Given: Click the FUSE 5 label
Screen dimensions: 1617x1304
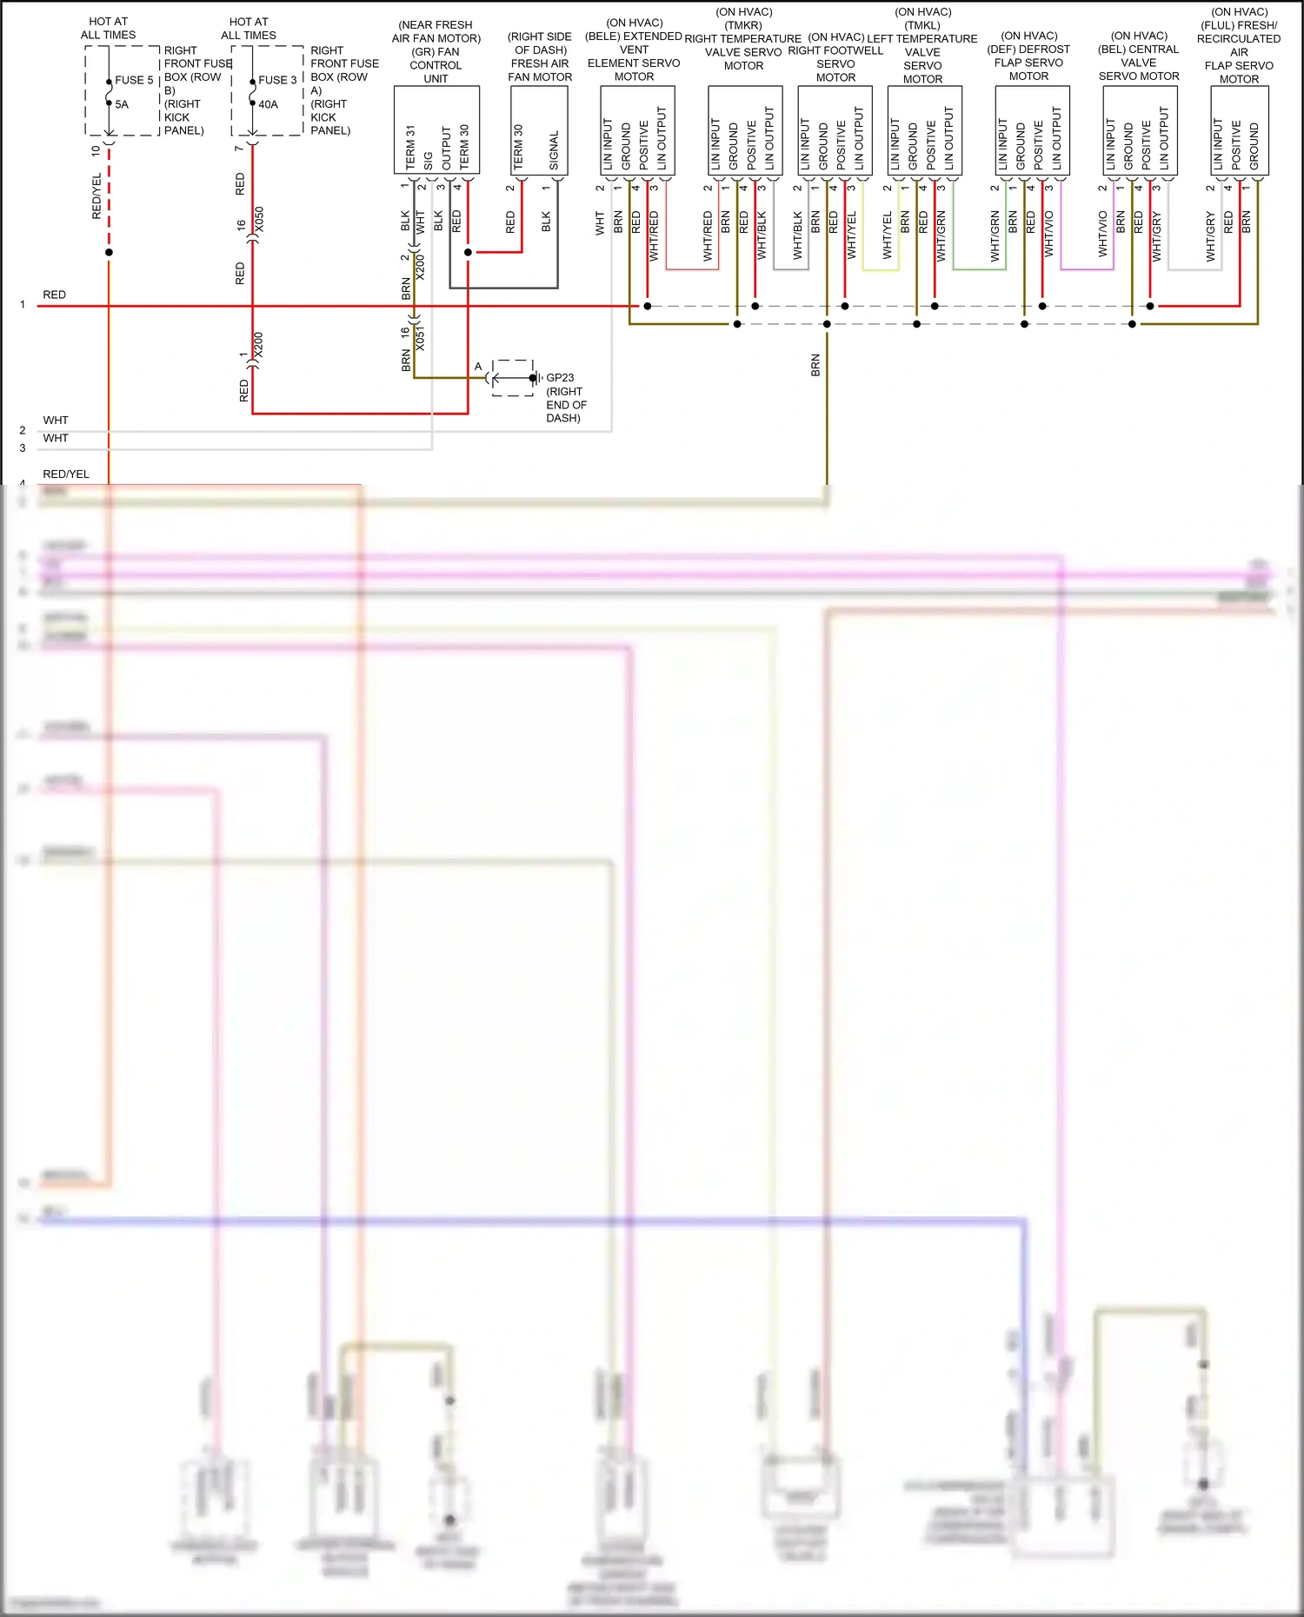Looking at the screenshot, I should [134, 80].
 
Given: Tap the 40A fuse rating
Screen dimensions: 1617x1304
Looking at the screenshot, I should [268, 104].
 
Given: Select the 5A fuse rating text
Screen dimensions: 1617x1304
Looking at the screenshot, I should [122, 104].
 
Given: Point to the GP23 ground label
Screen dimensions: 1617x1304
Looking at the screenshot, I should [560, 378].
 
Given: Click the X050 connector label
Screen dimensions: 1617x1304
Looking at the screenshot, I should [259, 219].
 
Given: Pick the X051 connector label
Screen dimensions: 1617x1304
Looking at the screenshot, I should [421, 337].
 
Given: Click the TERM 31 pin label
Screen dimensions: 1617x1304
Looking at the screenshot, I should [410, 147].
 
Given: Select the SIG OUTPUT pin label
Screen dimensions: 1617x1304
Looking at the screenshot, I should [437, 149].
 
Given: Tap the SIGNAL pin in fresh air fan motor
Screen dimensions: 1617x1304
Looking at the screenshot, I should [554, 150].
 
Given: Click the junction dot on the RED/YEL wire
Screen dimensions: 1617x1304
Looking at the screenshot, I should [109, 253].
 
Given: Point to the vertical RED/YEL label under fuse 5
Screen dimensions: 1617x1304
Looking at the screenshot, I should [96, 195].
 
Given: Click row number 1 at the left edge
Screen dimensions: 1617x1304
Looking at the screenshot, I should [23, 305].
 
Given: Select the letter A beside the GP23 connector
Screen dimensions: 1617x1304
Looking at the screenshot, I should [478, 367].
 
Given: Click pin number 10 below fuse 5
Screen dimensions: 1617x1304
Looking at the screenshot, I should [96, 150].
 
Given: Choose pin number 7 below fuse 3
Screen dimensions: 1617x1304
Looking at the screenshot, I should [239, 149].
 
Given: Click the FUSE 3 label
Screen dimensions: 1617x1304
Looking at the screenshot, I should [277, 80].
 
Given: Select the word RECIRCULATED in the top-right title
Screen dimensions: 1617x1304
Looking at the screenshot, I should [1238, 39].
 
